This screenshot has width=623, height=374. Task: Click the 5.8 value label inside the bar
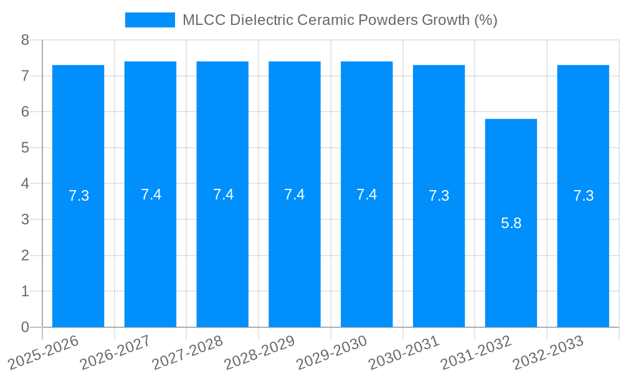511,223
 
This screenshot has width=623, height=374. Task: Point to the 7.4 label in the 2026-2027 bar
151,194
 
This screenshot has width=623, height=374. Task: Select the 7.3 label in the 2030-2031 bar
439,196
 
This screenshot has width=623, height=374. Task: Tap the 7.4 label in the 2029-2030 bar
366,194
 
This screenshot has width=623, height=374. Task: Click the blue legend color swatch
150,20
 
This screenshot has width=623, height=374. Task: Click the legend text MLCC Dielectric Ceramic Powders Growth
340,20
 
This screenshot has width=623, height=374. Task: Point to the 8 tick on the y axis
25,40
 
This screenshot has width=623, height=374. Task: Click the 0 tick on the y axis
25,327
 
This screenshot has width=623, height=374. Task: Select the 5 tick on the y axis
25,148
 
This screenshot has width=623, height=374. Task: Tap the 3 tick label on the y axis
25,219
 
